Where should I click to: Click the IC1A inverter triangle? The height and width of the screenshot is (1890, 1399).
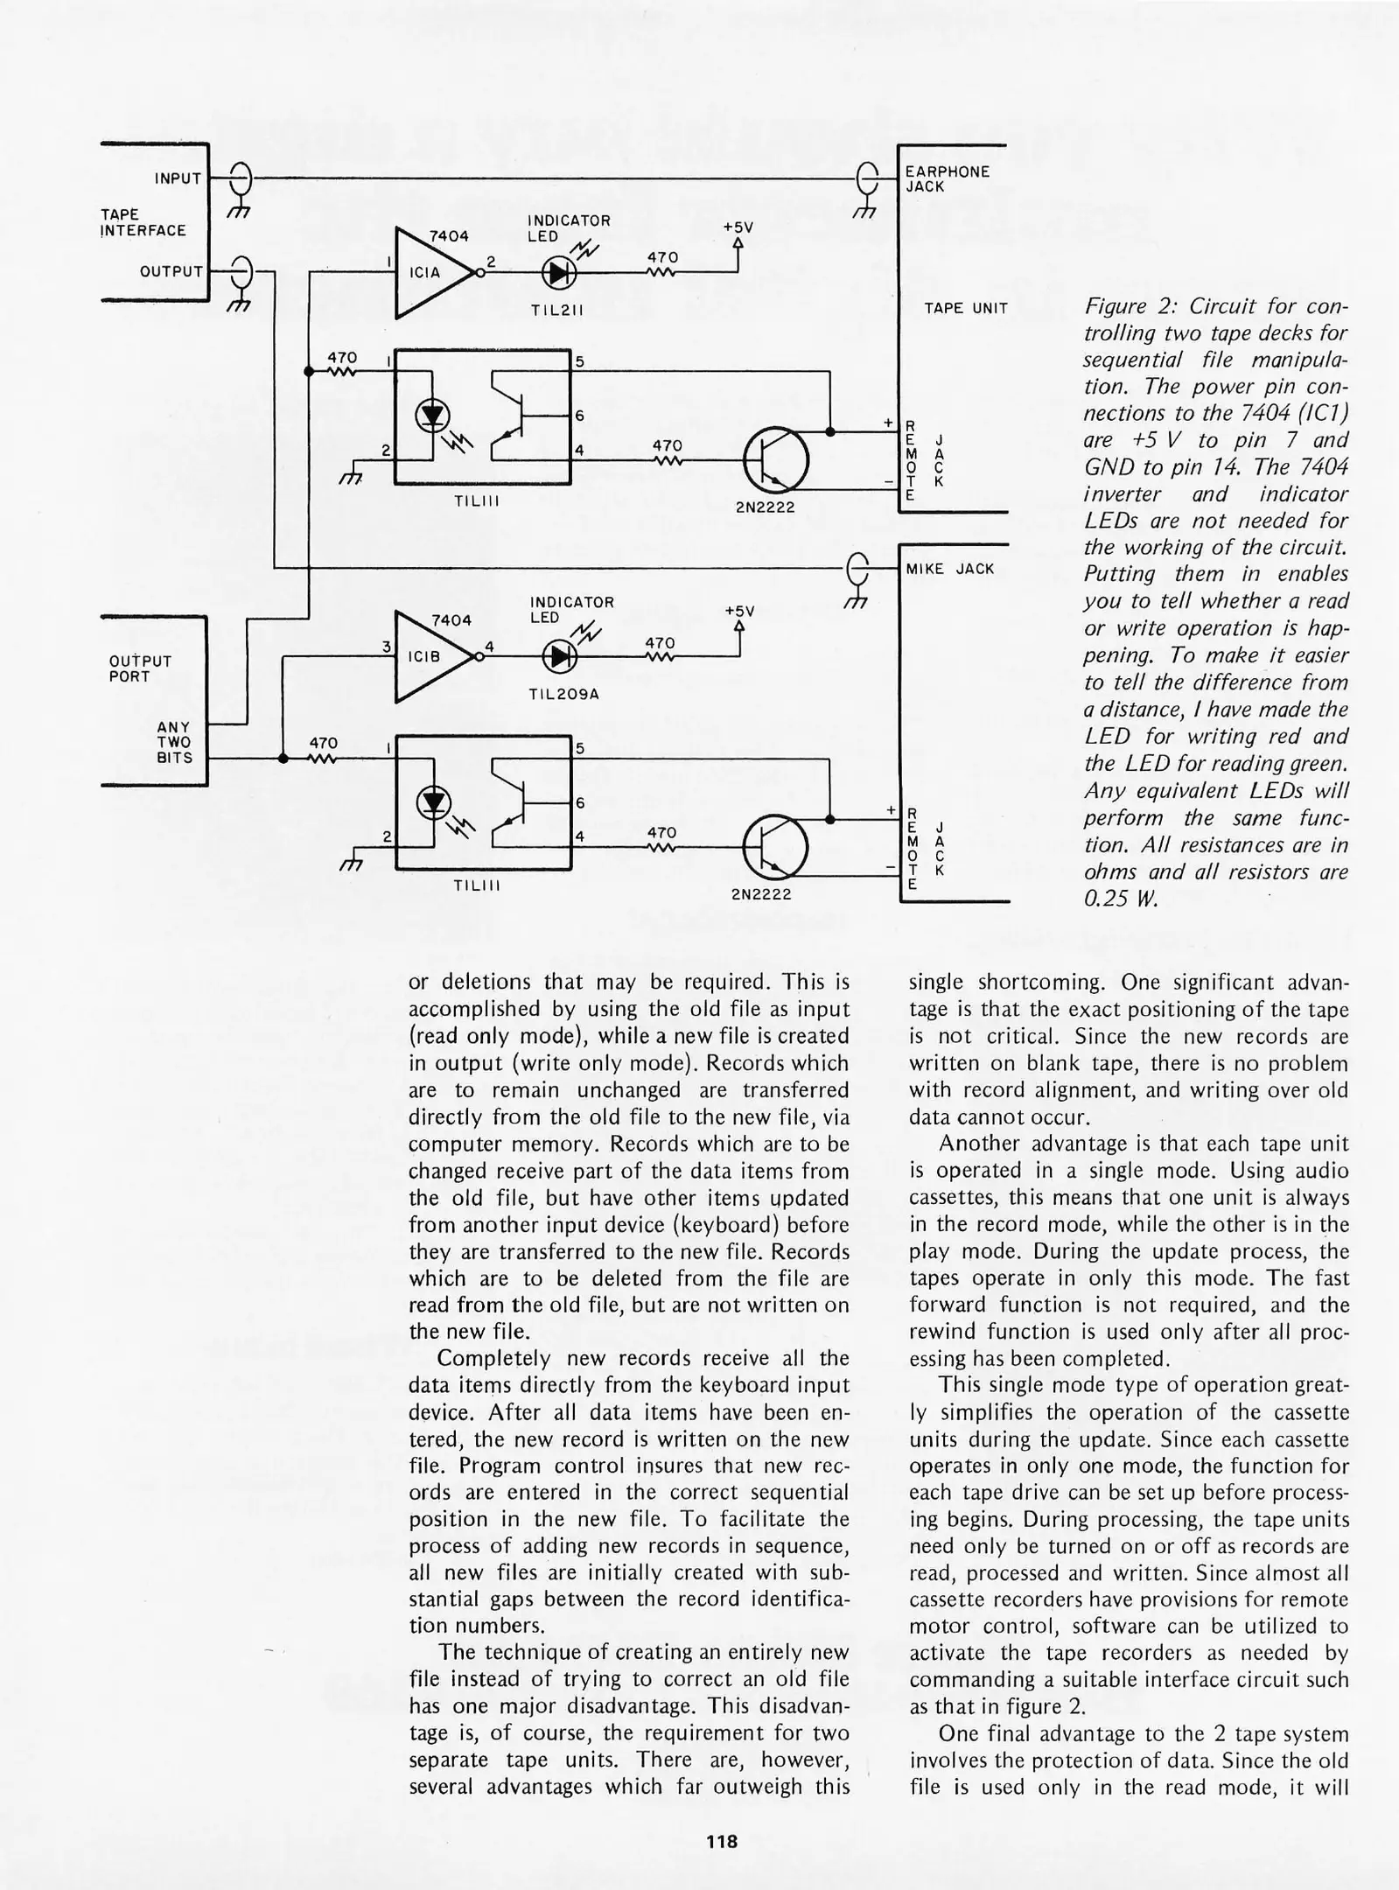point(433,272)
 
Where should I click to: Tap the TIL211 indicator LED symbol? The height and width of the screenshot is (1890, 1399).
point(558,273)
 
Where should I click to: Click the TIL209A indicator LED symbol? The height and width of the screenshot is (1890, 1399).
point(558,657)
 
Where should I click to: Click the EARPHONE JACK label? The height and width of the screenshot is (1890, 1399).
point(947,179)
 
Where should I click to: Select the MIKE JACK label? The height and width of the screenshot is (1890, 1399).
point(950,569)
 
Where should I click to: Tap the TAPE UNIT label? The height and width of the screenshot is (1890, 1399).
point(966,308)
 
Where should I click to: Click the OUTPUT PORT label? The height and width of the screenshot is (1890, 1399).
point(140,668)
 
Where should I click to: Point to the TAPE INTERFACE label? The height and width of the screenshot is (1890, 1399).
point(143,222)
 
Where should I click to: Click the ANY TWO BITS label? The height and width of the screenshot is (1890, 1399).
point(174,742)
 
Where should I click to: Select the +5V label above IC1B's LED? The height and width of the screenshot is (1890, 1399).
point(739,611)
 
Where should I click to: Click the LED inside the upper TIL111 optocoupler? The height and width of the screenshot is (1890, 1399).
point(433,415)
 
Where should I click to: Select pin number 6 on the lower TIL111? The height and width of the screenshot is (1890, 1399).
point(579,802)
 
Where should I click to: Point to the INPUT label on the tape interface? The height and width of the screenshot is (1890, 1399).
point(178,178)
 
